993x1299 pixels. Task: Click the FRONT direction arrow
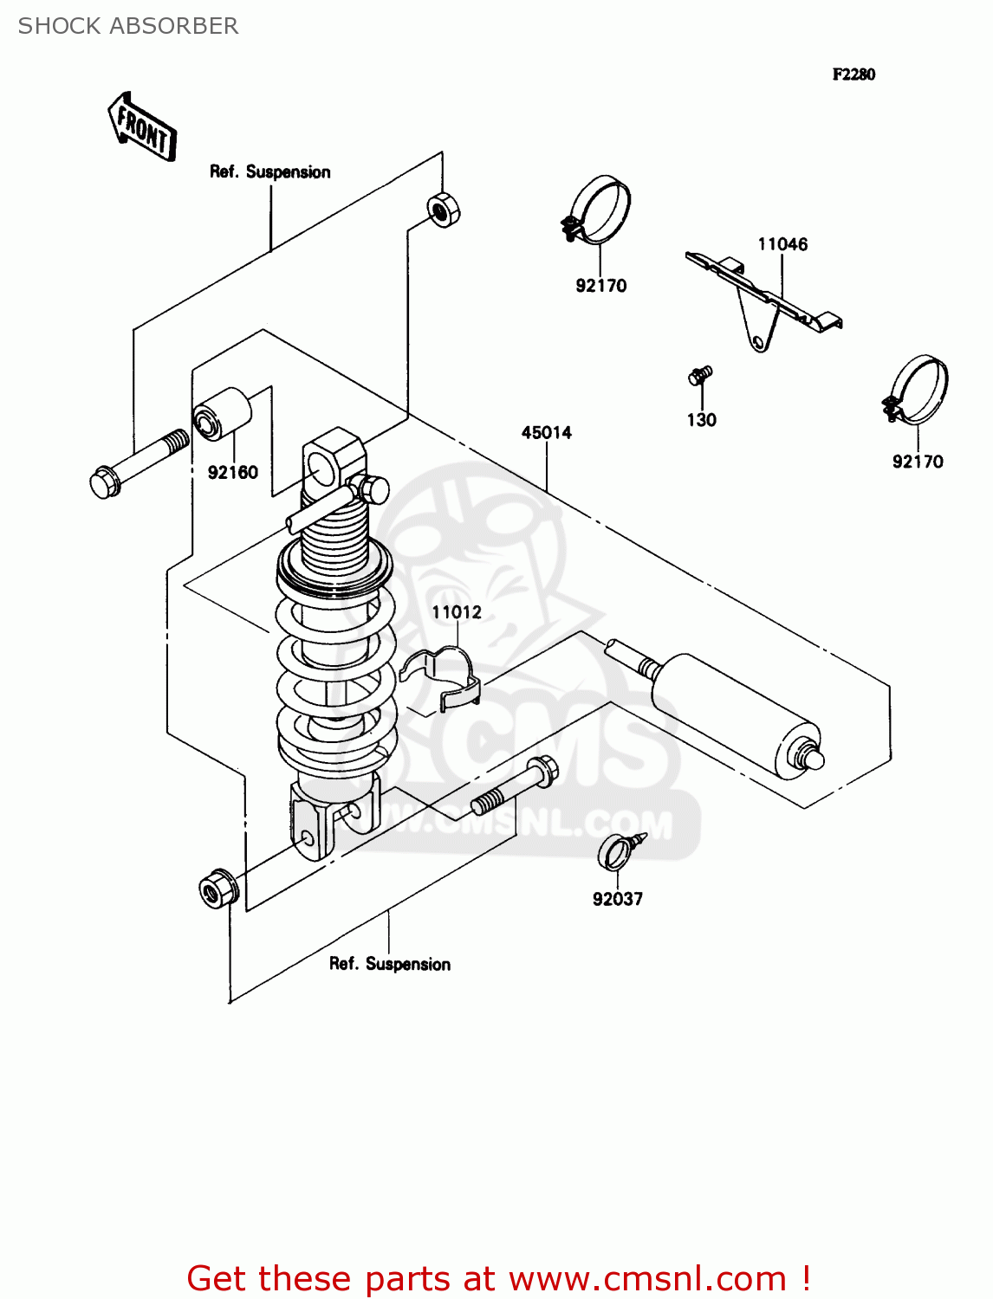click(x=142, y=128)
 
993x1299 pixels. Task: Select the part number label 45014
click(x=546, y=432)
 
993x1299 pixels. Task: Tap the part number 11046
click(x=782, y=244)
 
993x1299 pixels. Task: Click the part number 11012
click(x=457, y=612)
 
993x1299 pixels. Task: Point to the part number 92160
click(x=232, y=472)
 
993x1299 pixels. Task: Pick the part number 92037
click(x=617, y=899)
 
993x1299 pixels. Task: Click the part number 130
click(x=701, y=420)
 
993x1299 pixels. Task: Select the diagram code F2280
click(x=853, y=74)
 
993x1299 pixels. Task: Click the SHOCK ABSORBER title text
click(x=128, y=26)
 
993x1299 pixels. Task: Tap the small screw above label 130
click(x=699, y=376)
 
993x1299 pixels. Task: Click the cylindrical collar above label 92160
click(x=222, y=414)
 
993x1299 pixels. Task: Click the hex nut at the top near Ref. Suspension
click(x=443, y=210)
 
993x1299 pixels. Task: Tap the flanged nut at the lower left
click(x=216, y=889)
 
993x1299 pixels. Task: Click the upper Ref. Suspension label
click(x=269, y=171)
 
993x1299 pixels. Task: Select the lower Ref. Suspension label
click(x=389, y=964)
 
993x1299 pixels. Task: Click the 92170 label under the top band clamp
click(x=600, y=286)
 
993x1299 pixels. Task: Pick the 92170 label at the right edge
click(x=918, y=462)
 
